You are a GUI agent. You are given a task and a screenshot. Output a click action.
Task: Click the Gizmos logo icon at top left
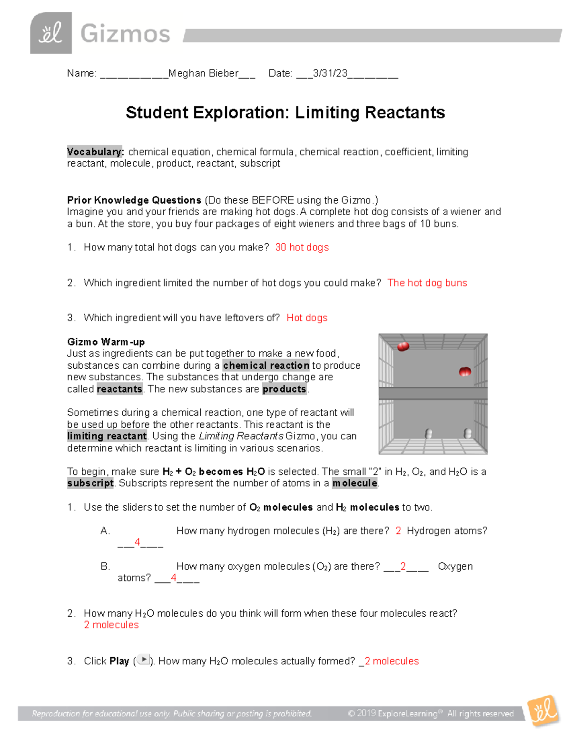[51, 33]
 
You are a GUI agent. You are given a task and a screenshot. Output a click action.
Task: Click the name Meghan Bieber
[203, 73]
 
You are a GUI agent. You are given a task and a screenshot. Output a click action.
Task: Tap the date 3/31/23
[330, 73]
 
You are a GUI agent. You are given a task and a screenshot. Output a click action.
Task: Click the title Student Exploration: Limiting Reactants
[285, 113]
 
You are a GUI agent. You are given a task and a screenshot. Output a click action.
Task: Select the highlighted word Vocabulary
[95, 152]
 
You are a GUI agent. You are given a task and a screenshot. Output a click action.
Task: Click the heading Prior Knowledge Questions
[134, 200]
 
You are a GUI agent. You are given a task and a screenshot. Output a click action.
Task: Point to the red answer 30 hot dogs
[302, 247]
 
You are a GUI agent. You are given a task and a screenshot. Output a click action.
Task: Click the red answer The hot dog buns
[427, 283]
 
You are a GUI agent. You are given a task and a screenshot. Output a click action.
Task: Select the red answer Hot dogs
[307, 318]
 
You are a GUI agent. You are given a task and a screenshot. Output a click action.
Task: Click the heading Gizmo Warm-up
[106, 342]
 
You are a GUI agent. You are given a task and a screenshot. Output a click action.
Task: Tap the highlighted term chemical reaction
[266, 365]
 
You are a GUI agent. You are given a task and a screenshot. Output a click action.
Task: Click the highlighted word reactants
[119, 389]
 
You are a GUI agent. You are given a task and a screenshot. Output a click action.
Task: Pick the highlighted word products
[284, 389]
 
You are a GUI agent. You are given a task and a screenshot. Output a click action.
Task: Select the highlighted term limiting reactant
[107, 436]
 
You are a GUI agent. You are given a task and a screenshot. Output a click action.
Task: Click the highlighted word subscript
[90, 483]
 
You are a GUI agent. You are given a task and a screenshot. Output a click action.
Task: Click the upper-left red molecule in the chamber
[403, 346]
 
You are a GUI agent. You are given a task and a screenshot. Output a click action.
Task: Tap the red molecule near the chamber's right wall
[464, 372]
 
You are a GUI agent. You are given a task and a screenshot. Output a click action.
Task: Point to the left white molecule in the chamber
[428, 434]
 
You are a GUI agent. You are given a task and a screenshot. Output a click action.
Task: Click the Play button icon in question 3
[143, 660]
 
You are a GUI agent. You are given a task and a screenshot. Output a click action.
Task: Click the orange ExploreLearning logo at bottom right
[543, 711]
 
